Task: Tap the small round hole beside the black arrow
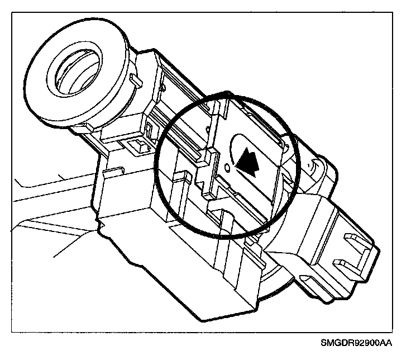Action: (x=226, y=167)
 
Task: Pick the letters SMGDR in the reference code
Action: (x=338, y=342)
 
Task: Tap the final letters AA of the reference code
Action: (x=386, y=342)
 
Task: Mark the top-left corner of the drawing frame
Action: (x=11, y=7)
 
